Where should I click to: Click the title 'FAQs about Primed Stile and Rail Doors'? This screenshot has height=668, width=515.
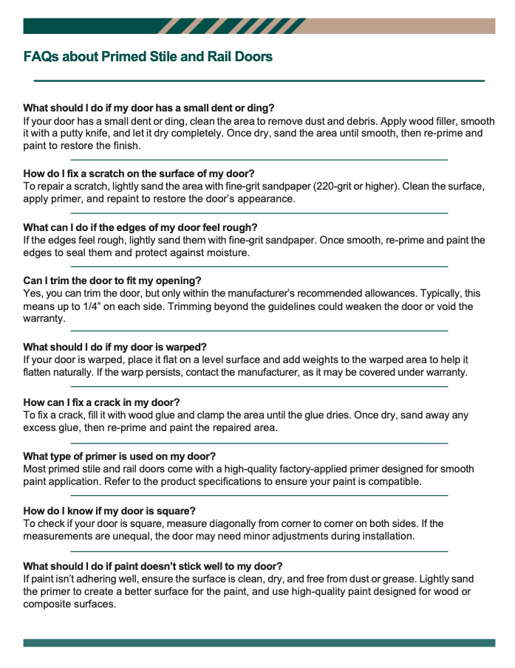click(148, 57)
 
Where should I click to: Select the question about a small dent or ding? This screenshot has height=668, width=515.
click(149, 108)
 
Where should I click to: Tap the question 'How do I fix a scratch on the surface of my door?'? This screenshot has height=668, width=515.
click(139, 174)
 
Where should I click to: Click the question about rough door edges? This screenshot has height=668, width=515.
click(140, 227)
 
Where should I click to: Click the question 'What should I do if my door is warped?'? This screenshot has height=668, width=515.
click(115, 347)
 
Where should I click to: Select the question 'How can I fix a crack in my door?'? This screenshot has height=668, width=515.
click(101, 402)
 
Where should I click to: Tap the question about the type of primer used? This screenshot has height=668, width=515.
click(119, 456)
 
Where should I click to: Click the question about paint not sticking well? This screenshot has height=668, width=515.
click(153, 566)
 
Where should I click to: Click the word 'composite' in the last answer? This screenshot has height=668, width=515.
click(47, 605)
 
